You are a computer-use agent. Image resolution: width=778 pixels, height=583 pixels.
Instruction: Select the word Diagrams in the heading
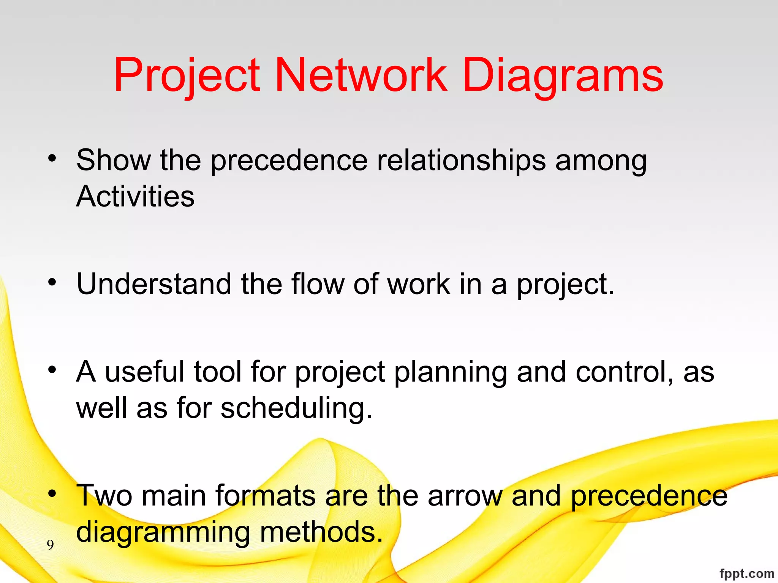pos(563,76)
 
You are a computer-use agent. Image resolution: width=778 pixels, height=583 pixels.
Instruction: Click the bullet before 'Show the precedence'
pos(52,158)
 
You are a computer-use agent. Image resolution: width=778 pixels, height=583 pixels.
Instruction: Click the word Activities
pos(135,197)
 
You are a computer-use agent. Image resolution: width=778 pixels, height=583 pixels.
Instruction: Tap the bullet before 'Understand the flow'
pos(52,282)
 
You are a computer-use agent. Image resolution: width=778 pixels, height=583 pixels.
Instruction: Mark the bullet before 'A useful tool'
pos(52,369)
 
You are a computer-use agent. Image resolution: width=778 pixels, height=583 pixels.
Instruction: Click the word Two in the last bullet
pos(104,496)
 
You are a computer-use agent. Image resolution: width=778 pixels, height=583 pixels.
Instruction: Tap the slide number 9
pos(50,545)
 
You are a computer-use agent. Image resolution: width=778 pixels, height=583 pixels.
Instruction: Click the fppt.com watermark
pos(746,574)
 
